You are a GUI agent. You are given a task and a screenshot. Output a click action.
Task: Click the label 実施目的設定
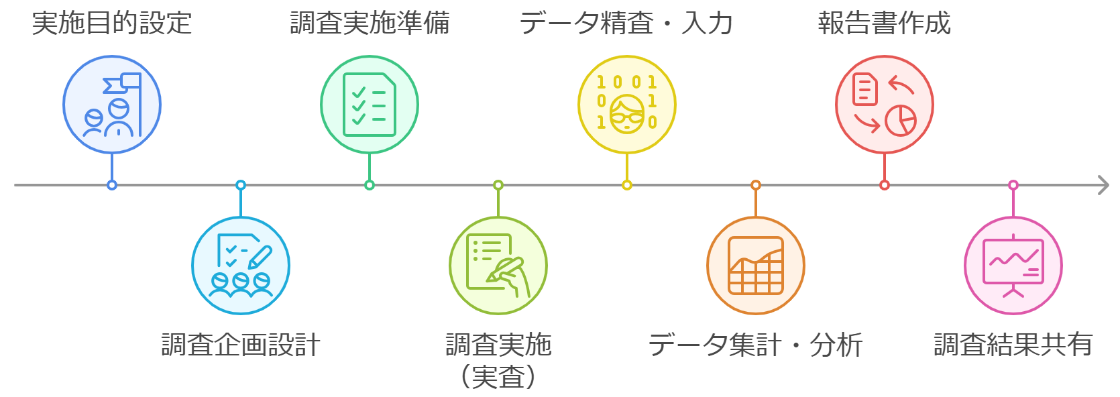[x=112, y=23]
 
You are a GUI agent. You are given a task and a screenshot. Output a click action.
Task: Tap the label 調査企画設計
[x=241, y=345]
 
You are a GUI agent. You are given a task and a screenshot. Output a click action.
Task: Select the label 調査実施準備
[x=370, y=23]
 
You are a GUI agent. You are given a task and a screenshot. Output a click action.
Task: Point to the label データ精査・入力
[x=626, y=23]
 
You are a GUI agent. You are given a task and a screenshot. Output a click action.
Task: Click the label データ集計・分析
[x=755, y=345]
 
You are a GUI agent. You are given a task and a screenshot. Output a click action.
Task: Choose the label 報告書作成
[x=884, y=23]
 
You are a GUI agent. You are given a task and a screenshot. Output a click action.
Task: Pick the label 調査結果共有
[x=1013, y=345]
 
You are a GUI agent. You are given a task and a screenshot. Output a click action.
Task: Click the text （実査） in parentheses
[x=498, y=377]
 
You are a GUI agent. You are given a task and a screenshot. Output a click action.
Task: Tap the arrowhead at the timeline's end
[x=1103, y=185]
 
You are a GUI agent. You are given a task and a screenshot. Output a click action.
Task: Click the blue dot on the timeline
[x=112, y=185]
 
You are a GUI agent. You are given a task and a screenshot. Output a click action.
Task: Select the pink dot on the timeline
[x=1013, y=185]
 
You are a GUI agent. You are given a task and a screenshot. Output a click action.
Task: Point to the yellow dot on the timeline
[x=627, y=185]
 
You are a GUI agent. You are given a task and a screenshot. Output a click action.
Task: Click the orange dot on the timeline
[x=756, y=185]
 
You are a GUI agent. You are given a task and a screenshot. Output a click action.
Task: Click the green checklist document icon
[x=370, y=105]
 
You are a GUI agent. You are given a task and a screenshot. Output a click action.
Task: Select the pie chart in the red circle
[x=900, y=121]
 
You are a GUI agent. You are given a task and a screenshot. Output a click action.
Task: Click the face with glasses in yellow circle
[x=627, y=114]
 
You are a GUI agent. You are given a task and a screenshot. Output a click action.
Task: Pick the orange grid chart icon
[x=756, y=266]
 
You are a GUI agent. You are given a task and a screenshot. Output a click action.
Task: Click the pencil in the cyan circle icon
[x=260, y=257]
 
